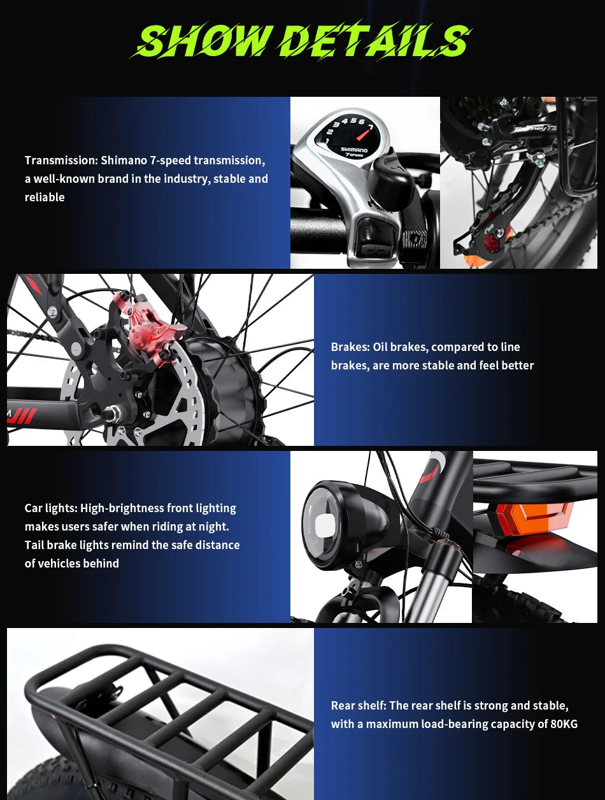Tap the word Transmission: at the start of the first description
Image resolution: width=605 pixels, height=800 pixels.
click(x=61, y=161)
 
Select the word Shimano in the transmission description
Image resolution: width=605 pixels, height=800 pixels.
click(x=123, y=161)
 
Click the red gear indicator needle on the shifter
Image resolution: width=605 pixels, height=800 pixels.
click(x=364, y=133)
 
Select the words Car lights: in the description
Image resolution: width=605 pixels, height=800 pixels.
click(x=51, y=508)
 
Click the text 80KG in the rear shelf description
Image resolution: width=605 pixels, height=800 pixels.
click(x=564, y=724)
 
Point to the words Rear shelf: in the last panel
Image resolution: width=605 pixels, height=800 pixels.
click(x=359, y=706)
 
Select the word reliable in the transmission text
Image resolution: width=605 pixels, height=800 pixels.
click(x=45, y=197)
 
